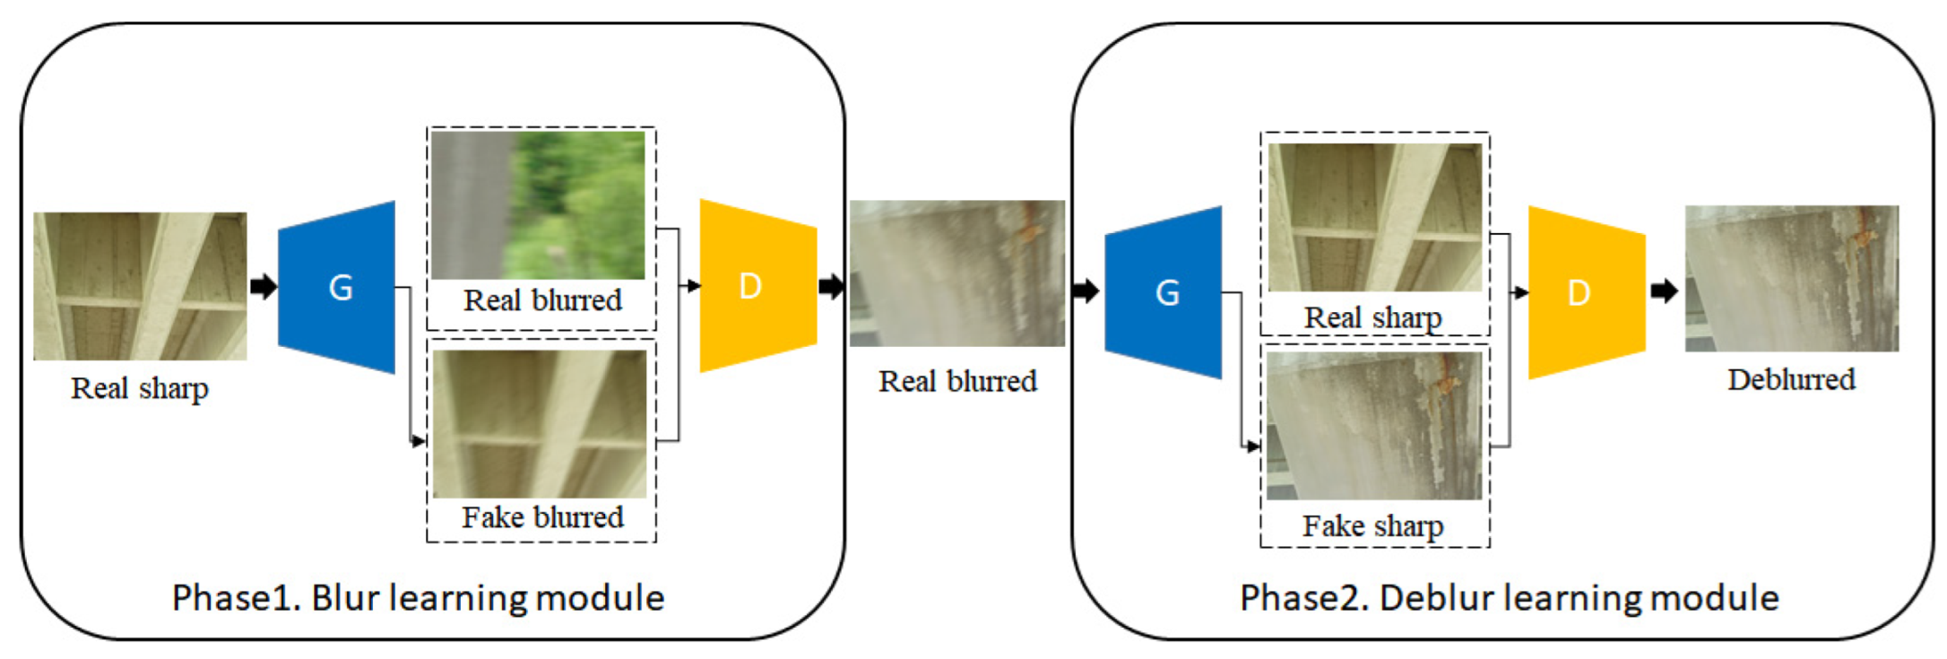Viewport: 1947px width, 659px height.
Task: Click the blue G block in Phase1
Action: click(x=338, y=287)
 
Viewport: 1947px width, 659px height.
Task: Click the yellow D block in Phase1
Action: click(x=757, y=286)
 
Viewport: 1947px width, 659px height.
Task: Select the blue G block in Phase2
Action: click(x=1164, y=292)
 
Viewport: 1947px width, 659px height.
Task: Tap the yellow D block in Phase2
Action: click(x=1585, y=292)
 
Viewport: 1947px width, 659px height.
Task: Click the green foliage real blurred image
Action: click(x=538, y=204)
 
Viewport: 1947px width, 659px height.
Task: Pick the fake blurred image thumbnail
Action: click(x=540, y=423)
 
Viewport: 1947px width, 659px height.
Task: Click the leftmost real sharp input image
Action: click(x=140, y=286)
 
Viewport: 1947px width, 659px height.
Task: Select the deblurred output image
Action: click(x=1791, y=278)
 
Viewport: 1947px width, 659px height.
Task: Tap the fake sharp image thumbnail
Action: click(x=1374, y=426)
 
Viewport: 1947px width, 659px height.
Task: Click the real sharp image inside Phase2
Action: click(x=1374, y=217)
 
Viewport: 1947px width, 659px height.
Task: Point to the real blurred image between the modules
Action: click(x=956, y=273)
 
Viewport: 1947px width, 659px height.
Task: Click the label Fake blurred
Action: click(x=542, y=517)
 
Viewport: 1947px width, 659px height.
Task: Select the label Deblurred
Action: click(x=1791, y=379)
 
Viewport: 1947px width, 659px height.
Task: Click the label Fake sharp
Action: click(x=1372, y=525)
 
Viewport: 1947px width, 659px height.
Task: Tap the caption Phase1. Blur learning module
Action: click(x=418, y=598)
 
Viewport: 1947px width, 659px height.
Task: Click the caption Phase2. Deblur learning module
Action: click(x=1509, y=598)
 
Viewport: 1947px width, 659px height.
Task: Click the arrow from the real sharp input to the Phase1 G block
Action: click(x=263, y=287)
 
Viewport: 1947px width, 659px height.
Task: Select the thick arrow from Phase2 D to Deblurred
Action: click(x=1664, y=291)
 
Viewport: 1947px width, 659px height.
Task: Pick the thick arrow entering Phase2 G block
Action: click(x=1085, y=290)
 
